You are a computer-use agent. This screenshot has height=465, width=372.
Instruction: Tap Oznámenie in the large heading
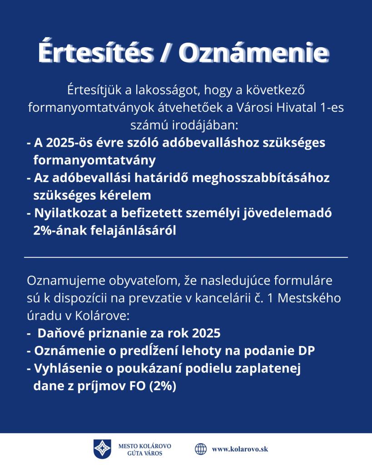point(253,54)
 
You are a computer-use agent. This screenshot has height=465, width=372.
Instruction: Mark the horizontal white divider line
point(186,257)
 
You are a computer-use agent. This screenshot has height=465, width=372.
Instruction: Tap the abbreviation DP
point(307,351)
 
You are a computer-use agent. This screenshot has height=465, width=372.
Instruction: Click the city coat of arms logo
point(102,449)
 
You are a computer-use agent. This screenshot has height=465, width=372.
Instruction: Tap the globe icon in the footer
point(201,449)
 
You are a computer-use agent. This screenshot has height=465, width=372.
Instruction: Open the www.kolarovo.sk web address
point(240,449)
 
